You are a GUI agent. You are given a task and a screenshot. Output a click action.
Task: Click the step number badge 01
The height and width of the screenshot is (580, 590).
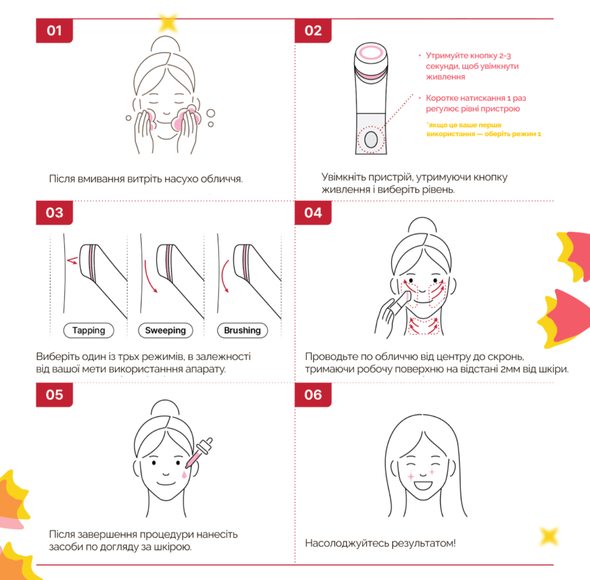55,31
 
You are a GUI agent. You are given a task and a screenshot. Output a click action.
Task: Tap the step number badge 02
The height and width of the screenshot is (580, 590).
313,31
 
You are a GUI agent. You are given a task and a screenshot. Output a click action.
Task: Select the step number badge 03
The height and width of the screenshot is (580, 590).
55,213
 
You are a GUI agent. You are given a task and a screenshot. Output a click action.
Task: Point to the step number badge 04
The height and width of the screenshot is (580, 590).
313,213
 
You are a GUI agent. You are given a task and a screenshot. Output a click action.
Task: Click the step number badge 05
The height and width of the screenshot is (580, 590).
55,395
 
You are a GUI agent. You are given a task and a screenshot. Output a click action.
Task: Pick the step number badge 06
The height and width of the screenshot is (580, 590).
313,395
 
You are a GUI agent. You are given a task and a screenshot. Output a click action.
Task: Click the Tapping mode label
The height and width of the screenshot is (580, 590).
89,330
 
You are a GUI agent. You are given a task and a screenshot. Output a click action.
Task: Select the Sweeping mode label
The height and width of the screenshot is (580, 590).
165,330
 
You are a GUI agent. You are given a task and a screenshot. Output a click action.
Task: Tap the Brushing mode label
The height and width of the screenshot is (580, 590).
243,330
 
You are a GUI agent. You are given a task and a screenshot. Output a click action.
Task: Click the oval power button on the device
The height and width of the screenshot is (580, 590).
371,140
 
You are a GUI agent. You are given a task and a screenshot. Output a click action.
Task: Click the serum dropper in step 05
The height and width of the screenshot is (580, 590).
199,452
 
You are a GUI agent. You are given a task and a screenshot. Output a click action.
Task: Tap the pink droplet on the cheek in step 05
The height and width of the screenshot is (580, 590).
184,474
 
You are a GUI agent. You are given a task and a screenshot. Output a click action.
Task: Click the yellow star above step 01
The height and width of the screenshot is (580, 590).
167,23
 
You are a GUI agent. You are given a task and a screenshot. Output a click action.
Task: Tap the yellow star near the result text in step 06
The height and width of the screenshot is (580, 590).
549,536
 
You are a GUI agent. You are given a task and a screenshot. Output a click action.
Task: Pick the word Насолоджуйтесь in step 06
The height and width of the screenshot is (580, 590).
347,543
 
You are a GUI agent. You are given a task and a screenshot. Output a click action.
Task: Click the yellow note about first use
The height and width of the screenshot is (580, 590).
483,129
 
